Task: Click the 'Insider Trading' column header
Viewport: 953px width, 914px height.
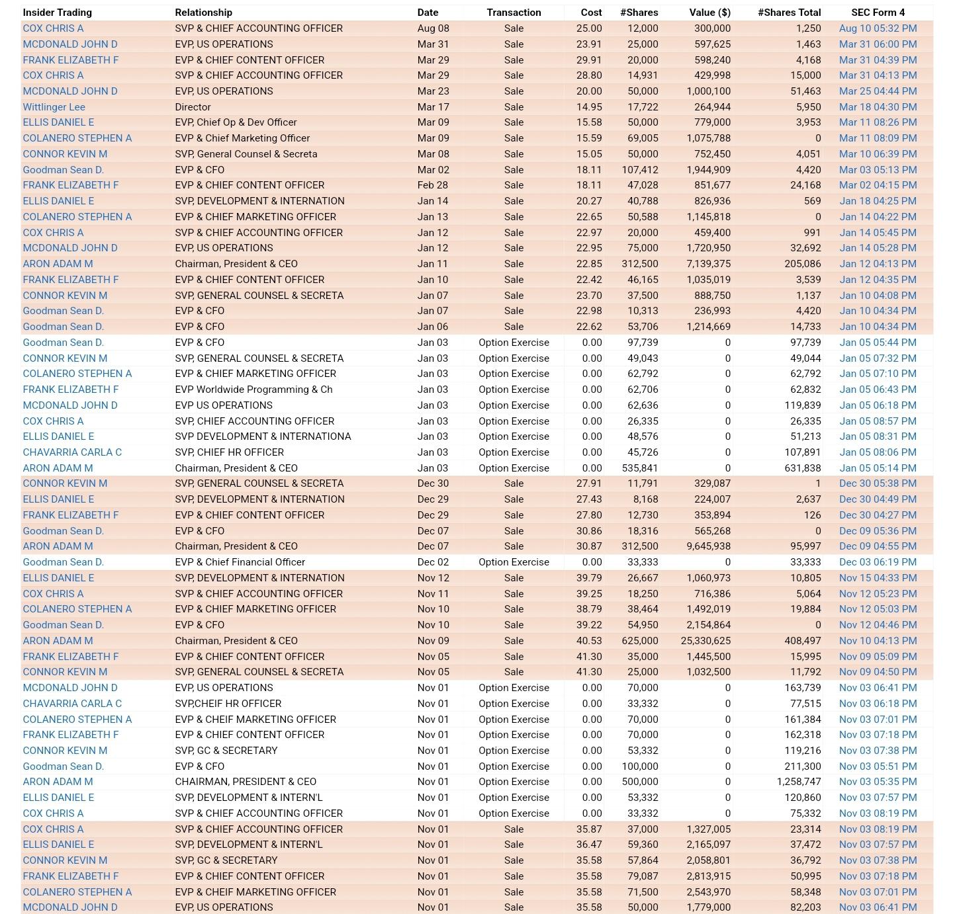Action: (57, 13)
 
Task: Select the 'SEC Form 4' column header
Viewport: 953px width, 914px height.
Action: (878, 13)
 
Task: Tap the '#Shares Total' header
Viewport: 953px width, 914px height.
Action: (789, 13)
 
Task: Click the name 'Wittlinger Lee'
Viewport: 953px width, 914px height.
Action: (54, 107)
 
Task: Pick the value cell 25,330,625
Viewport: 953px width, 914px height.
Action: (705, 641)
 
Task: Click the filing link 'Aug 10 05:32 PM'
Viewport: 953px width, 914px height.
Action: (878, 28)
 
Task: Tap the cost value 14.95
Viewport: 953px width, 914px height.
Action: (589, 107)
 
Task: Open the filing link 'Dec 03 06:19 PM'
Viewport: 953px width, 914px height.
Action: (878, 562)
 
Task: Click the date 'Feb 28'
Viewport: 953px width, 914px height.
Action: (432, 185)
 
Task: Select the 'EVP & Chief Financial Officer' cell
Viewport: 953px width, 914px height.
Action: (240, 562)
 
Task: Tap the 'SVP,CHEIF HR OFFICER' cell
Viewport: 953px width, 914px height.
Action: (228, 704)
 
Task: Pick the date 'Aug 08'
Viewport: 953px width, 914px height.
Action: (433, 28)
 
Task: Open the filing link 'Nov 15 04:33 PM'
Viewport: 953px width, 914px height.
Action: (878, 578)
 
